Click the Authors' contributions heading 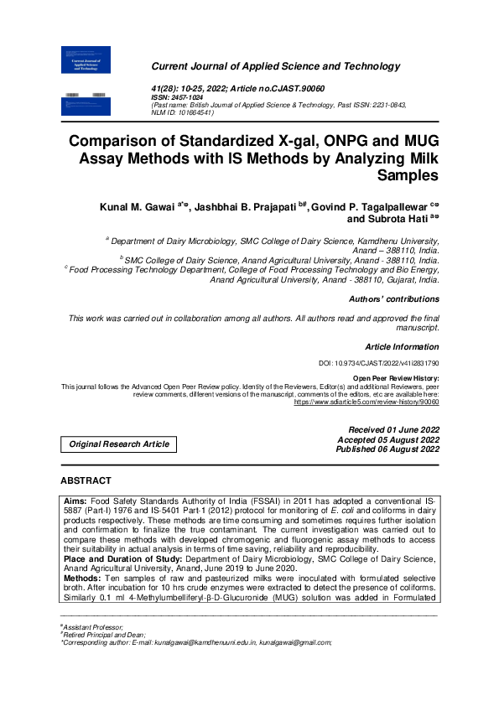tap(393, 299)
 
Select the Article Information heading tap(402, 346)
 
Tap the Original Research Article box tap(118, 444)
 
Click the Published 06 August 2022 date tap(387, 449)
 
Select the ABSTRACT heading tap(86, 481)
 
